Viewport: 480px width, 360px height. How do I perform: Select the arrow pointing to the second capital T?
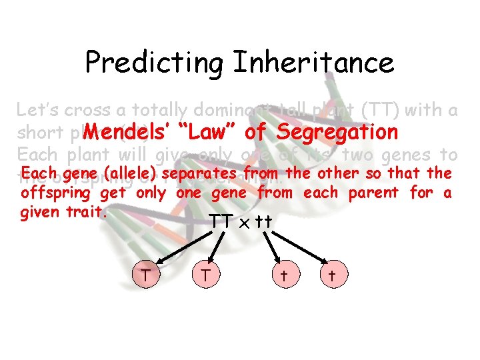213,251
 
